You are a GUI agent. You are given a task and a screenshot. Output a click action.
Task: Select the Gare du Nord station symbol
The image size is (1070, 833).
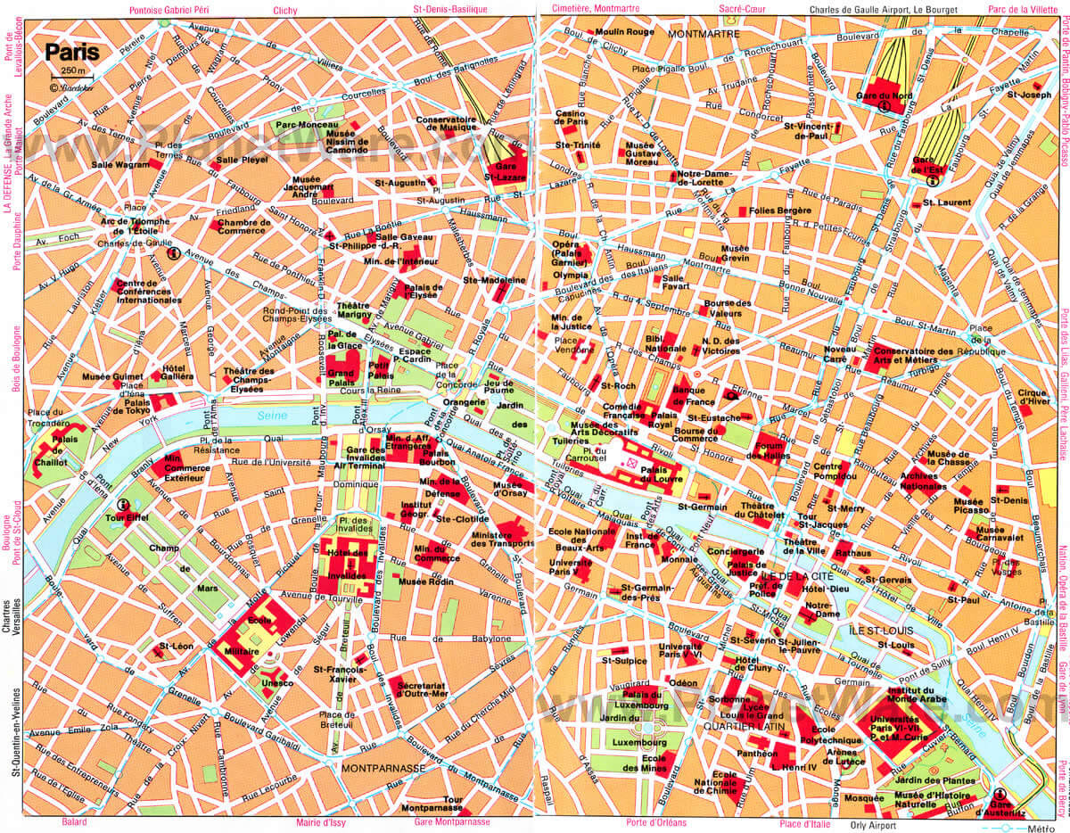coord(884,106)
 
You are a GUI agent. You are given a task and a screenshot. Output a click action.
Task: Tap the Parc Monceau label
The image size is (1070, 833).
coord(300,125)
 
